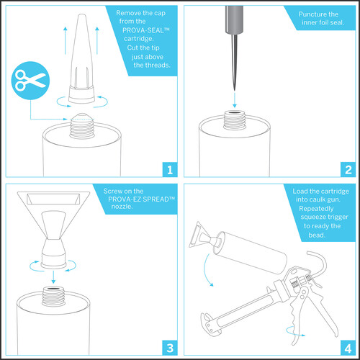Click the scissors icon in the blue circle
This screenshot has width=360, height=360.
(x=30, y=80)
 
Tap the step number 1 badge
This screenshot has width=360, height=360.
(x=170, y=170)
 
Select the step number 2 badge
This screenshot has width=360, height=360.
(x=348, y=170)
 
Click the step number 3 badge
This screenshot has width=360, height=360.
(x=170, y=348)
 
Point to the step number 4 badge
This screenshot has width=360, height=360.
(x=348, y=348)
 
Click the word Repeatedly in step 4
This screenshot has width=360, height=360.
(x=316, y=209)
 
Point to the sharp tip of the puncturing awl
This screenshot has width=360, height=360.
(x=235, y=90)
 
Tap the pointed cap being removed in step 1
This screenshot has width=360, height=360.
(x=81, y=59)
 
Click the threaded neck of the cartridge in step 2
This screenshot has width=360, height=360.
(x=234, y=120)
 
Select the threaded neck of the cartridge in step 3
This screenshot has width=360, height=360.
(x=53, y=296)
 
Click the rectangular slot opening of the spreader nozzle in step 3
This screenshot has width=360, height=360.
(x=53, y=199)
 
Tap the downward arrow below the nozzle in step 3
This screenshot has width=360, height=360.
(x=53, y=276)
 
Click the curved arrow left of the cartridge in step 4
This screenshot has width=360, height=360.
(x=207, y=270)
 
